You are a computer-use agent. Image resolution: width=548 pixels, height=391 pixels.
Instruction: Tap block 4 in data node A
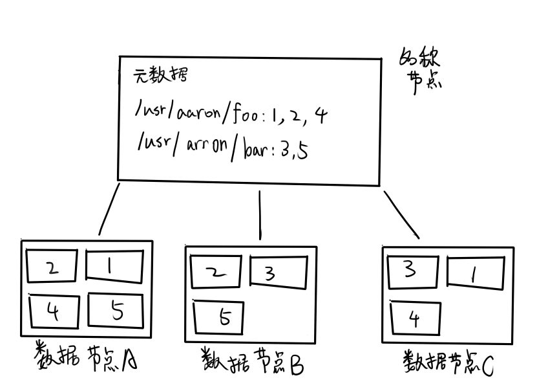tap(54, 312)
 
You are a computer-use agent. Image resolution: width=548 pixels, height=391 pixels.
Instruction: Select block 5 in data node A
tap(115, 311)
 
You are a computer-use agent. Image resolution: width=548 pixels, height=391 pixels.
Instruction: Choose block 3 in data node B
tap(277, 273)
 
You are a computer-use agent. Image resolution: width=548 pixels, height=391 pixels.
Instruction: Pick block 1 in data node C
tap(475, 274)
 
